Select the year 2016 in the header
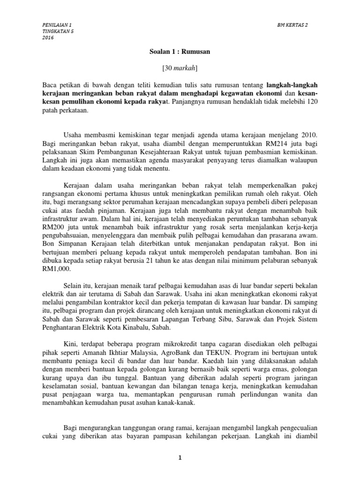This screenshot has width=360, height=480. pos(47,38)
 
